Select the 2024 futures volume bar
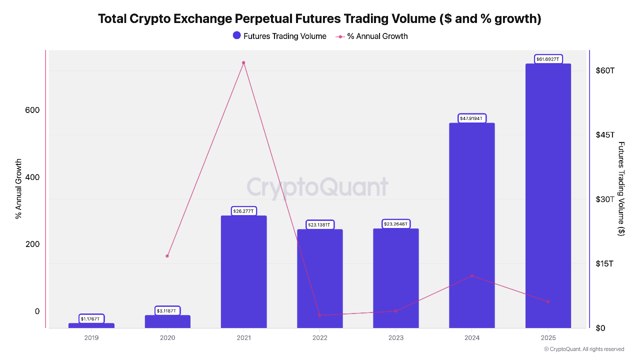click(x=471, y=225)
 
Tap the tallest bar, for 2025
click(x=547, y=195)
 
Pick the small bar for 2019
click(x=91, y=325)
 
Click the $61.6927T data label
click(x=548, y=59)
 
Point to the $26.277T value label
click(x=243, y=211)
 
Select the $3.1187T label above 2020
click(x=167, y=310)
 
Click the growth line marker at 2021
click(x=243, y=62)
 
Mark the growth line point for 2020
click(x=167, y=256)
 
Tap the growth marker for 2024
click(x=472, y=276)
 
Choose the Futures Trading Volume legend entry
click(x=279, y=36)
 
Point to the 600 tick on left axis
click(x=32, y=110)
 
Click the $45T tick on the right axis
click(x=605, y=134)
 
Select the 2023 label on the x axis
click(x=395, y=338)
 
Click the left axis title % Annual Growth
click(x=18, y=189)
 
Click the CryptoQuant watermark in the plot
click(x=317, y=187)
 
